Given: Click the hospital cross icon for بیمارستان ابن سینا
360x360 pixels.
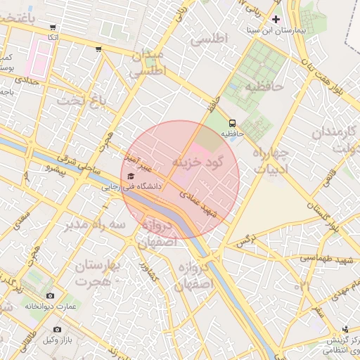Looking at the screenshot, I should [x=276, y=19].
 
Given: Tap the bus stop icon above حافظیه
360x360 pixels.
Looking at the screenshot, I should [x=233, y=122].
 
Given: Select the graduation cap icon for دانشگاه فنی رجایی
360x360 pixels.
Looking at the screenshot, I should [x=131, y=176].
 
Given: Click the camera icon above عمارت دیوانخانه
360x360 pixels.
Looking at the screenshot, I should [x=49, y=296].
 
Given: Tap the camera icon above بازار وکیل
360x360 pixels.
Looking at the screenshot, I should [x=57, y=329].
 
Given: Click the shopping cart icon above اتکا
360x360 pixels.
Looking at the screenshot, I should [x=50, y=26].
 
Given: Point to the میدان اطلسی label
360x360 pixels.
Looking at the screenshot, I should [x=147, y=63].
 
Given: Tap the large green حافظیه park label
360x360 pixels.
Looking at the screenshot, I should [x=263, y=86].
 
